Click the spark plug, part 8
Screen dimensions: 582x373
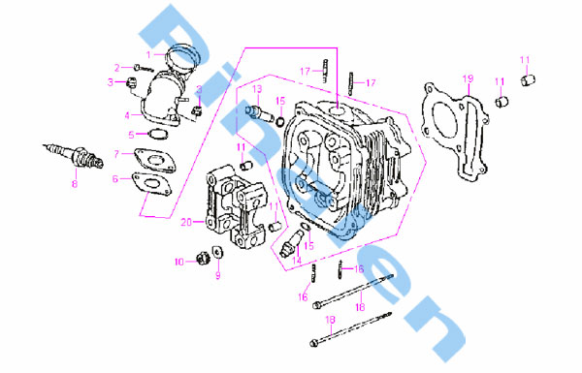click(74, 155)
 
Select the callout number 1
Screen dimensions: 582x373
click(148, 55)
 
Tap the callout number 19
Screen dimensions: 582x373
click(469, 78)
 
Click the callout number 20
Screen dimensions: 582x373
click(186, 222)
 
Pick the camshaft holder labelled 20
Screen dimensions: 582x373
click(236, 207)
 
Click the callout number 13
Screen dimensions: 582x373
click(257, 89)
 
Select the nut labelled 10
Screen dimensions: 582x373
click(203, 258)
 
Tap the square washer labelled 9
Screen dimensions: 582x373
click(217, 252)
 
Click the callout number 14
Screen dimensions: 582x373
click(297, 261)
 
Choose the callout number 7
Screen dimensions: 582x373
click(116, 154)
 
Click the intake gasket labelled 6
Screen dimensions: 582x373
click(152, 184)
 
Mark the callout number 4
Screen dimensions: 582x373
click(127, 115)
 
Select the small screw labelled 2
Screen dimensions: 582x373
click(144, 68)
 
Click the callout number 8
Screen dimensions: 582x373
click(75, 184)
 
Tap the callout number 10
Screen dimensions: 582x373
click(179, 263)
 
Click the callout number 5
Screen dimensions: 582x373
click(131, 135)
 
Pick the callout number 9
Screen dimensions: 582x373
click(218, 275)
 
